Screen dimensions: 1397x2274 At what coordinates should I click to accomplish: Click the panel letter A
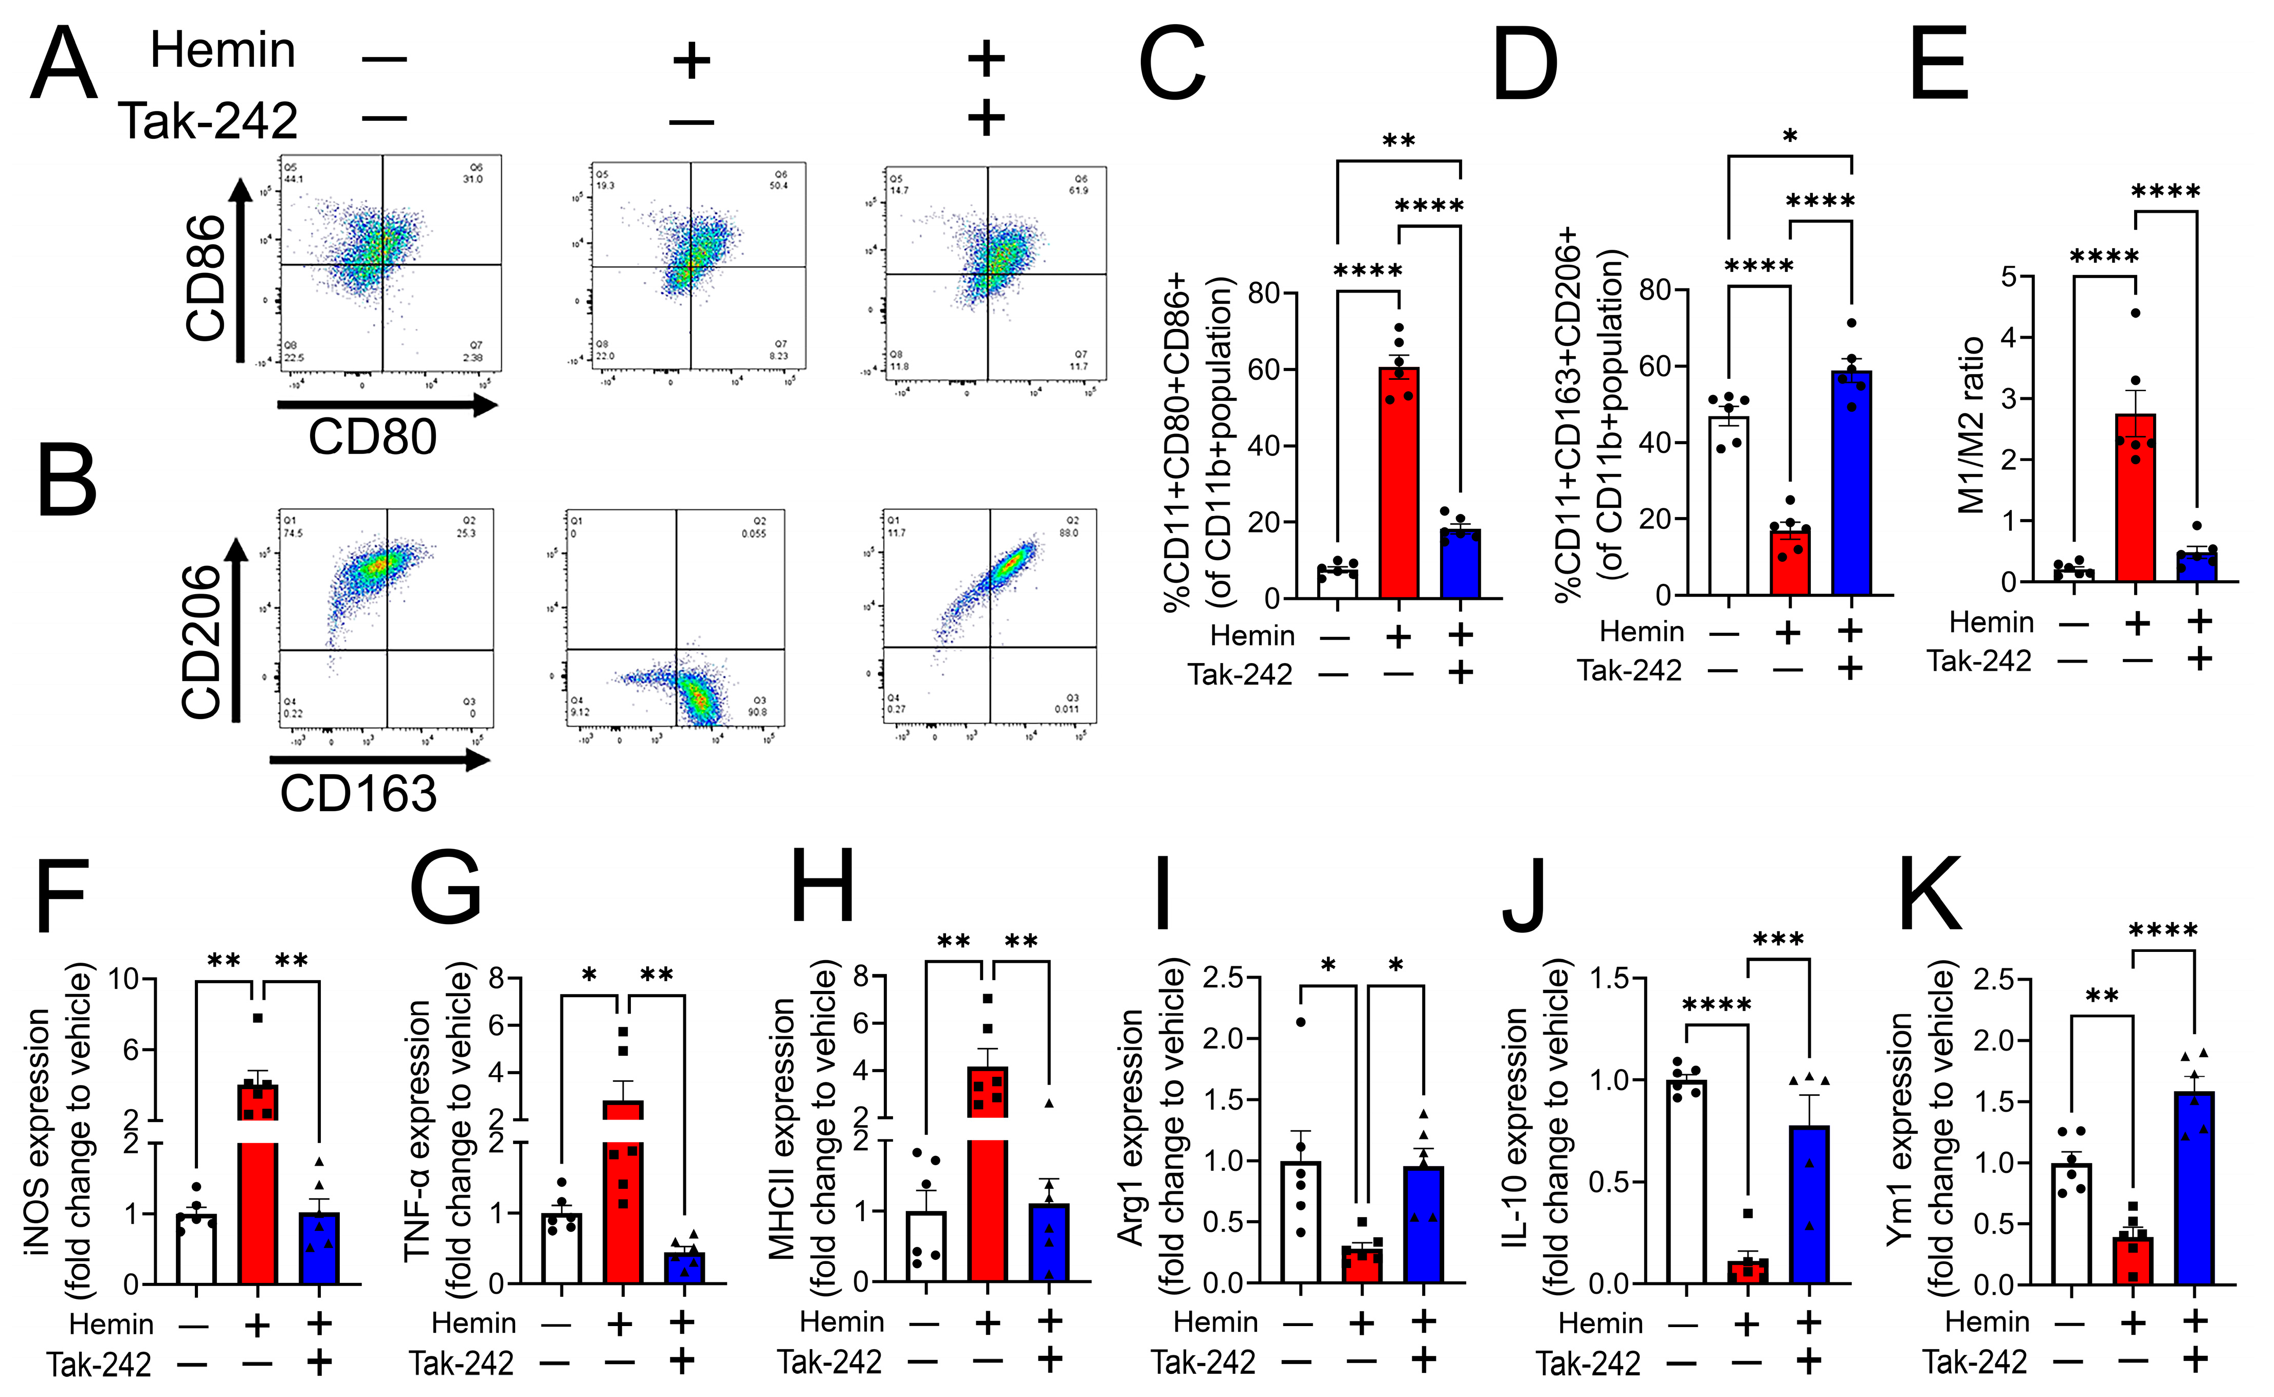pyautogui.click(x=63, y=65)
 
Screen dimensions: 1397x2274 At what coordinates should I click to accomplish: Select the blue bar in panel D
pyautogui.click(x=1852, y=482)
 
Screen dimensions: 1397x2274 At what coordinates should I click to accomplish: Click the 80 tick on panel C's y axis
pyautogui.click(x=1263, y=294)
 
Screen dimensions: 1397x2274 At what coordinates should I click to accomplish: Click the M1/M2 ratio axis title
pyautogui.click(x=1973, y=425)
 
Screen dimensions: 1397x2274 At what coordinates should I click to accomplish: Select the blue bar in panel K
pyautogui.click(x=2194, y=1187)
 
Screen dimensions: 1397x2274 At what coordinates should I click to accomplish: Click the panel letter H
pyautogui.click(x=823, y=889)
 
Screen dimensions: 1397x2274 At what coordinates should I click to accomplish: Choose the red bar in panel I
pyautogui.click(x=1362, y=1264)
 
